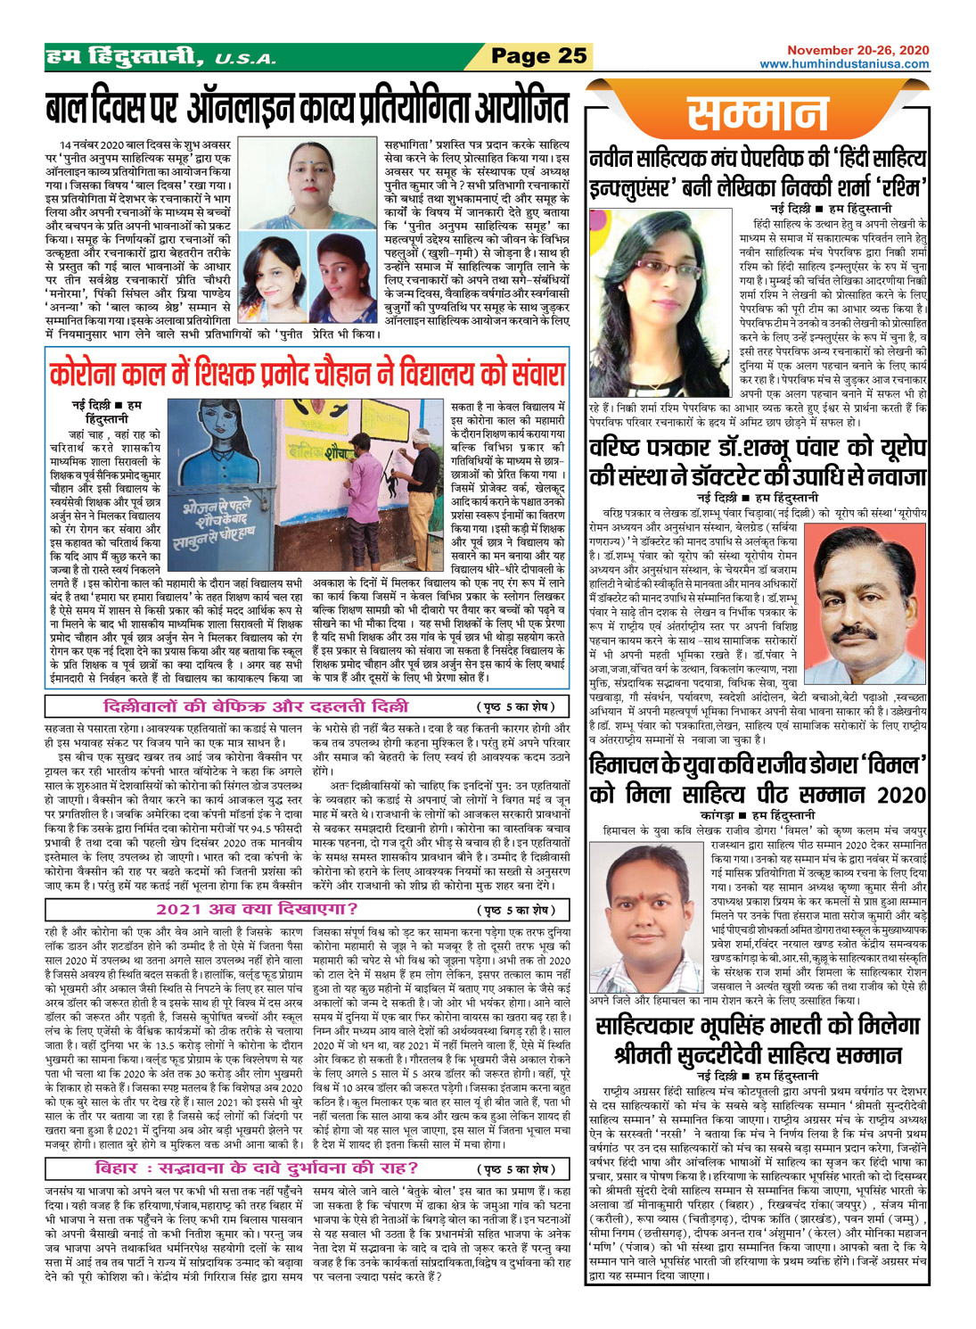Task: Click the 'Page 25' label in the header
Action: (x=539, y=56)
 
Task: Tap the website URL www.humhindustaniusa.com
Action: (x=844, y=64)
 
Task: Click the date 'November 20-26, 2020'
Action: (x=857, y=50)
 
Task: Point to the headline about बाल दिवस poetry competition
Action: (x=308, y=107)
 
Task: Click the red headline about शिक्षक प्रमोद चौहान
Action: (x=308, y=372)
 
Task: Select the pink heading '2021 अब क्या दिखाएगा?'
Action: (x=258, y=909)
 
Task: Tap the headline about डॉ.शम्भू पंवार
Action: (x=758, y=462)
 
